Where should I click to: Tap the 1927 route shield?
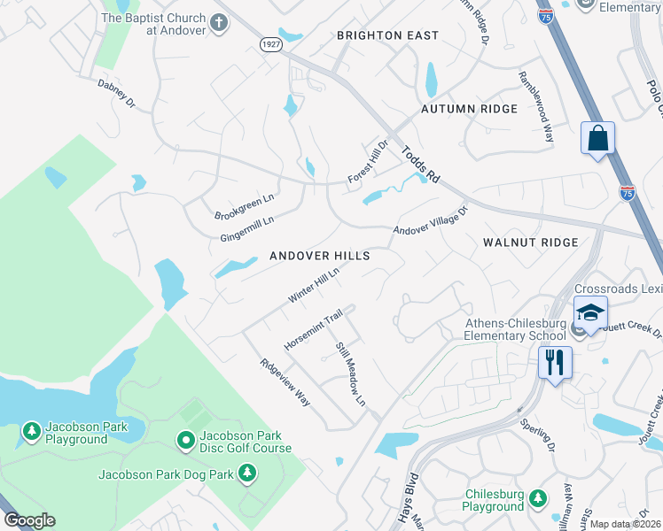[x=270, y=43]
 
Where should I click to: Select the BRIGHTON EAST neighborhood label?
[x=387, y=35]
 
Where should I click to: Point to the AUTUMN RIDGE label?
[x=469, y=109]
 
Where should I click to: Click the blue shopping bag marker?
[x=598, y=139]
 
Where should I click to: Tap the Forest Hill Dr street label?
[x=369, y=162]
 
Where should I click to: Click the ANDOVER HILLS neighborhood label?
[x=319, y=256]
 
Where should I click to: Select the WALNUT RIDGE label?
[x=530, y=242]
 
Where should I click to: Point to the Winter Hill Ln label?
[x=314, y=286]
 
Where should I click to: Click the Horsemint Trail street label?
[x=313, y=329]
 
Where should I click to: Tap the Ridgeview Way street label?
[x=285, y=381]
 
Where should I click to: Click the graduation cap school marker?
[x=590, y=312]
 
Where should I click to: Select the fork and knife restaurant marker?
[x=555, y=362]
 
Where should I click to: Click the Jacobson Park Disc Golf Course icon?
[x=185, y=439]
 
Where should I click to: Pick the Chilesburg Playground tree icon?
[x=536, y=500]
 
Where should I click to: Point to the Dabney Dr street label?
[x=116, y=96]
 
